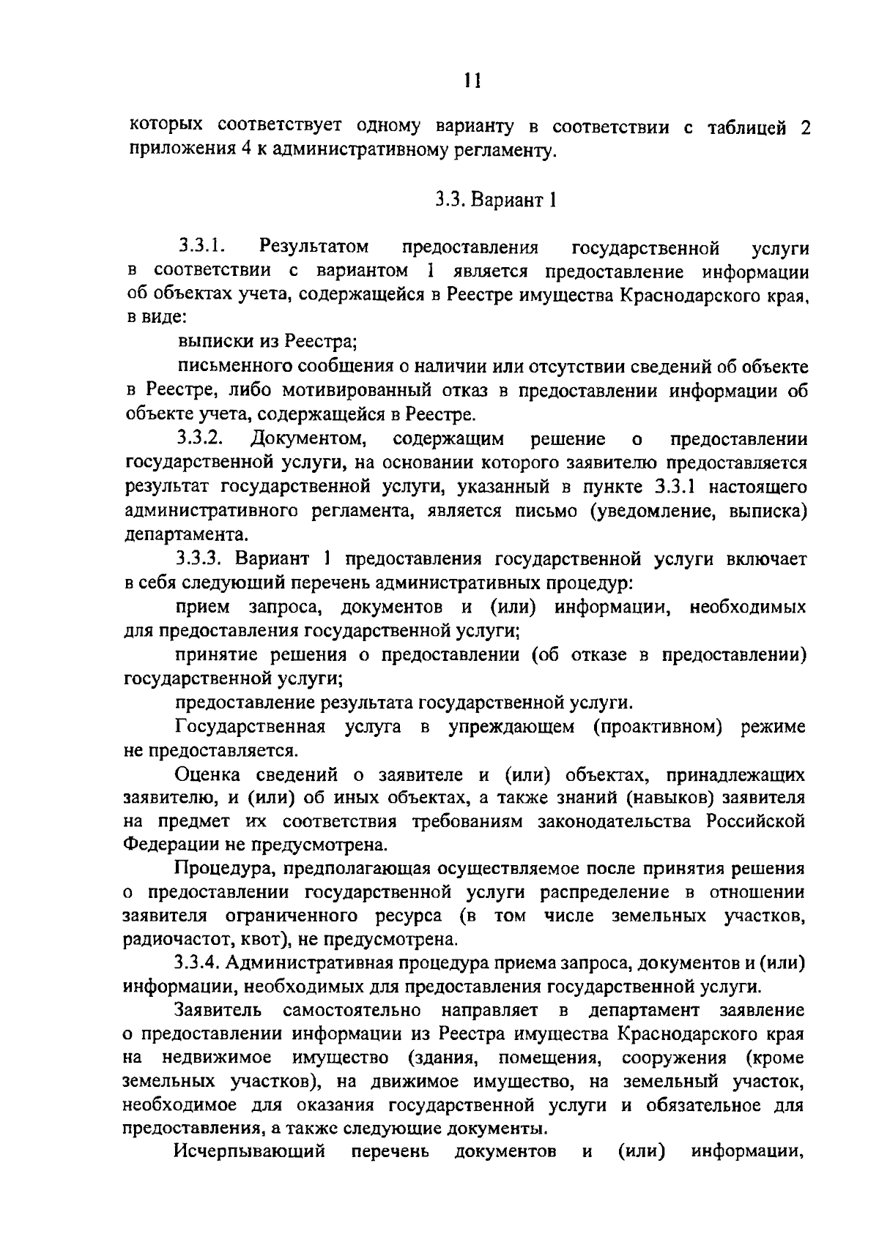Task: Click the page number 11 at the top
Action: click(472, 79)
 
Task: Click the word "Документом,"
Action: click(308, 439)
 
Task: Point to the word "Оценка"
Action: click(211, 774)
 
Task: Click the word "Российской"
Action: click(755, 821)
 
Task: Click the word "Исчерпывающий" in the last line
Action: click(250, 1152)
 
